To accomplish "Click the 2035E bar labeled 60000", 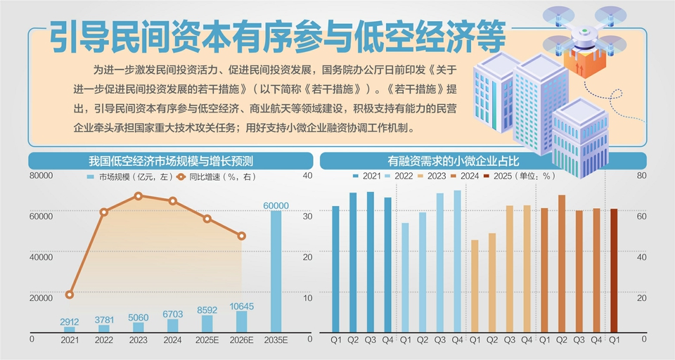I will click(x=276, y=271).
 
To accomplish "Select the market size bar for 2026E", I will click(x=241, y=321).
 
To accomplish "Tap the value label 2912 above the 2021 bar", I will click(x=70, y=321).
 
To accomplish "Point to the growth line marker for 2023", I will click(x=139, y=195).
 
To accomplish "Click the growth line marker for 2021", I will click(x=70, y=295).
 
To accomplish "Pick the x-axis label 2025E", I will click(x=207, y=340).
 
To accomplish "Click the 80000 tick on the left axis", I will click(x=41, y=176).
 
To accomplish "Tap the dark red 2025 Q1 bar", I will click(x=614, y=270).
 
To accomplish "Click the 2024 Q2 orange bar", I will click(x=562, y=263).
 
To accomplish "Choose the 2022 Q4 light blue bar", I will click(x=457, y=261).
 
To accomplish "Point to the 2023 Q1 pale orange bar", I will click(x=475, y=285).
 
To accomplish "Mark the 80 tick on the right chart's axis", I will click(x=641, y=176).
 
